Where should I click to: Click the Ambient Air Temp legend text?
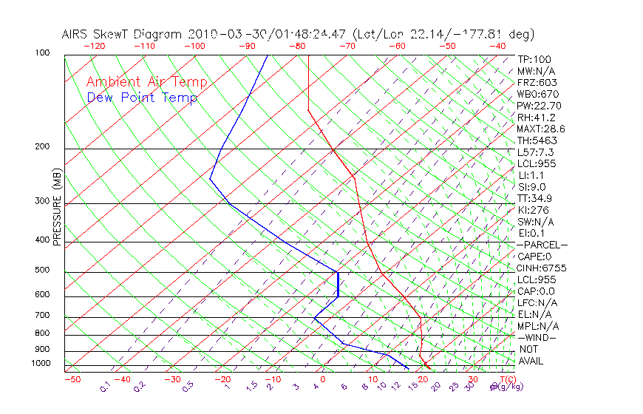[147, 82]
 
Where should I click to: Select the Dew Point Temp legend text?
[142, 98]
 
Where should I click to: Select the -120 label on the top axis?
[94, 46]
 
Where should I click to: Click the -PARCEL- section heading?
[542, 245]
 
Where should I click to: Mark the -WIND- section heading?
[537, 337]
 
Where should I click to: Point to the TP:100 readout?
[534, 59]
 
